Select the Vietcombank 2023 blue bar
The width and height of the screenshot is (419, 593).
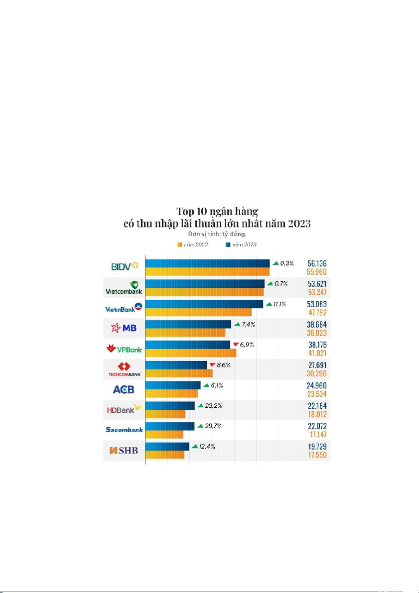point(205,283)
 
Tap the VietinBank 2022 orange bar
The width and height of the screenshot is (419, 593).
point(198,312)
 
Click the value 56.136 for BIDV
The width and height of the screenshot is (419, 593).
point(317,263)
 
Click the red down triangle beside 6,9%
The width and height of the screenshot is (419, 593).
point(236,345)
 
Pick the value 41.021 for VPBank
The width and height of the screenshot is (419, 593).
point(317,353)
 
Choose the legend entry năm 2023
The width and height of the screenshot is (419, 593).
point(241,244)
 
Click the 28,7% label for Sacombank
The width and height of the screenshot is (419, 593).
point(212,426)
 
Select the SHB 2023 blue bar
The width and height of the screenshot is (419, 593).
point(167,447)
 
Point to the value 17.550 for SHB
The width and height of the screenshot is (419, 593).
point(317,455)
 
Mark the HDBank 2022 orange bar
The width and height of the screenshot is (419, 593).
point(165,414)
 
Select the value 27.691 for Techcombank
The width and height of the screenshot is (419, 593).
point(317,365)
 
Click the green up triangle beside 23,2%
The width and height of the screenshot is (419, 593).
point(200,406)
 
